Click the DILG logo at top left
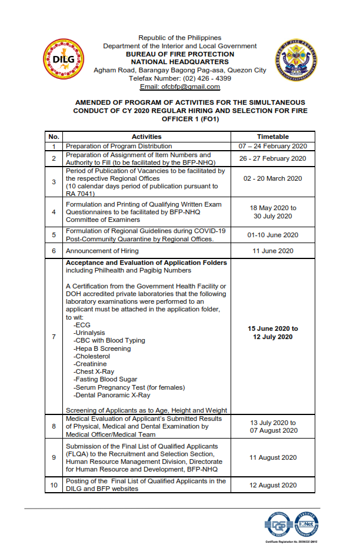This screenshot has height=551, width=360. click(62, 59)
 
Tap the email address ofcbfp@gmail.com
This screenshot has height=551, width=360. click(179, 87)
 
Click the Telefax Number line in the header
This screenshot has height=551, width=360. click(179, 78)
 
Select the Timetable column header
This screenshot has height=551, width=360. click(272, 136)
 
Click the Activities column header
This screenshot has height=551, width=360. click(146, 136)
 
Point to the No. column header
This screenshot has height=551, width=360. click(54, 136)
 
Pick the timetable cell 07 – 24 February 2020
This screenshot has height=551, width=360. click(272, 146)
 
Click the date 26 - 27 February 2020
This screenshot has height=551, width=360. click(272, 158)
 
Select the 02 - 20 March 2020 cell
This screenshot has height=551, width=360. click(272, 178)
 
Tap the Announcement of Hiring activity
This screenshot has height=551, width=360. click(101, 251)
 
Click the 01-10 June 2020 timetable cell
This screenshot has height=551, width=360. click(272, 235)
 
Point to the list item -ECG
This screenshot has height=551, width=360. click(79, 324)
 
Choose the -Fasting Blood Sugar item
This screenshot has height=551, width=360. click(106, 380)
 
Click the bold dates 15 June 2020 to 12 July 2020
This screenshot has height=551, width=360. click(272, 333)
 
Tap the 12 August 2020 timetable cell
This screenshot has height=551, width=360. click(272, 485)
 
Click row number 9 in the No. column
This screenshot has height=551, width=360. click(54, 457)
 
